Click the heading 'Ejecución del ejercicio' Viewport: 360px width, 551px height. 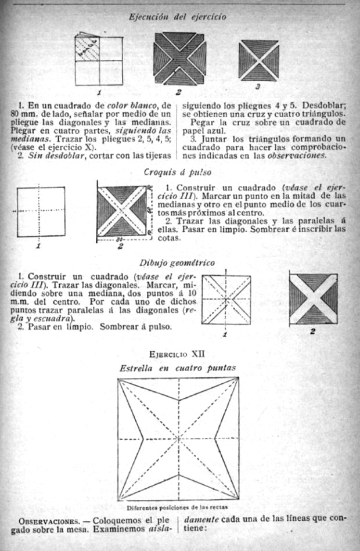[177, 17]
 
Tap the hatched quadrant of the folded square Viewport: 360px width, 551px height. [87, 49]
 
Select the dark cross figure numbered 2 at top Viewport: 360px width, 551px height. [179, 59]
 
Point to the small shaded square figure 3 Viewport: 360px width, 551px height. [258, 60]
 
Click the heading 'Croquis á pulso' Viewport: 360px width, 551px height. [178, 172]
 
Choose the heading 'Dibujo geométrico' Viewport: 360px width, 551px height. [178, 262]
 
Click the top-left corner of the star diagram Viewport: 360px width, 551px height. [118, 379]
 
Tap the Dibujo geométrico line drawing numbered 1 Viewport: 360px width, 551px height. [226, 300]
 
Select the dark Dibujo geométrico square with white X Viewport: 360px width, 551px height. [313, 298]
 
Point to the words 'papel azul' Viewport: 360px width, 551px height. [200, 130]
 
